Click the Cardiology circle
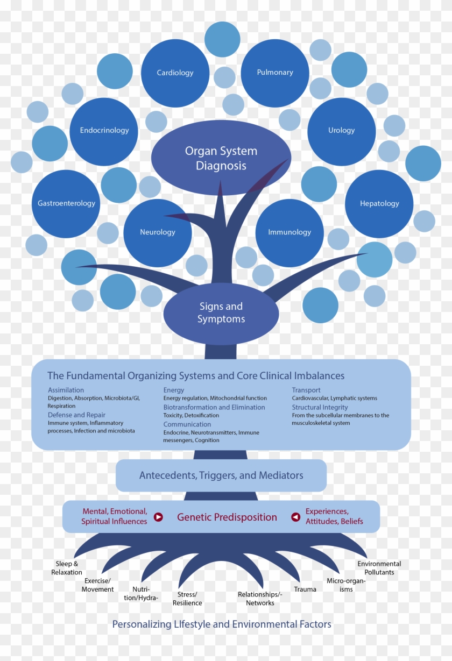point(175,73)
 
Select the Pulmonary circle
point(275,73)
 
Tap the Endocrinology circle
point(104,131)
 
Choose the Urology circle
point(342,131)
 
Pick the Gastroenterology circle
point(66,203)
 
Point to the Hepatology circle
point(379,204)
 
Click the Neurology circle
point(158,232)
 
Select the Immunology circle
point(289,232)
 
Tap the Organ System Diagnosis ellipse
point(221,158)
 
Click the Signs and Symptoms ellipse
point(221,313)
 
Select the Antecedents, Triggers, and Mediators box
point(221,475)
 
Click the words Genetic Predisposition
point(227,517)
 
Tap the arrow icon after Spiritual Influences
point(158,517)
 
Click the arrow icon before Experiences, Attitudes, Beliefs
point(295,517)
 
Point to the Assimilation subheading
point(66,390)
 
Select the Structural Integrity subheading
point(320,408)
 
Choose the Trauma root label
point(305,589)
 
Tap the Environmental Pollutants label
point(379,568)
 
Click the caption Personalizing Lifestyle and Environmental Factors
point(222,624)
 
